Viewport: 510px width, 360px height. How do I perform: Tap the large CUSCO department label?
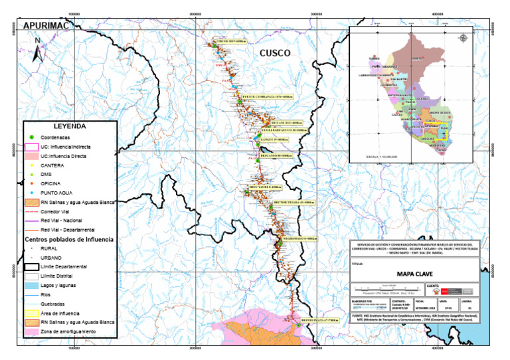pos(275,52)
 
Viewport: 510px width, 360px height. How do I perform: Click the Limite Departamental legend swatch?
pos(31,266)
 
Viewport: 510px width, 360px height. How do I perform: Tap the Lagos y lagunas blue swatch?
pos(31,284)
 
